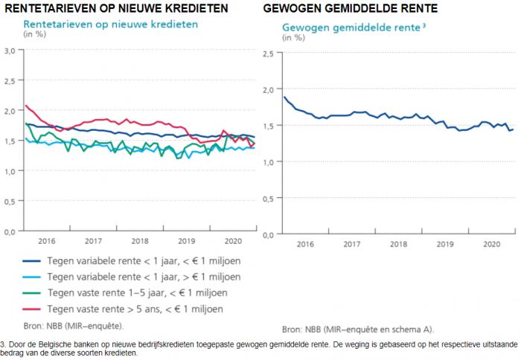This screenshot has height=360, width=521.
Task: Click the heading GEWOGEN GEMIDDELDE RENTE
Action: [351, 9]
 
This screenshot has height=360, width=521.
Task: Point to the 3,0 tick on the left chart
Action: [10, 51]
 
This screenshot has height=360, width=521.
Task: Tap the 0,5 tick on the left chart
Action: [10, 201]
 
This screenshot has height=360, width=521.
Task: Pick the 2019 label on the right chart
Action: [445, 243]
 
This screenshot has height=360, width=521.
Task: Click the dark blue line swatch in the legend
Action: [32, 261]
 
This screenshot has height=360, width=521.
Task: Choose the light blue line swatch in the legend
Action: [32, 277]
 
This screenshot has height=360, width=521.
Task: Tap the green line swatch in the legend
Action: [32, 292]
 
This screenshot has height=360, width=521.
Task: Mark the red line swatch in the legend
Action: [32, 308]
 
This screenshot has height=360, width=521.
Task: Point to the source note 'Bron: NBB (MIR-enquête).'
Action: [74, 325]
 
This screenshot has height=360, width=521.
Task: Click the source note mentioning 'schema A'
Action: [357, 328]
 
